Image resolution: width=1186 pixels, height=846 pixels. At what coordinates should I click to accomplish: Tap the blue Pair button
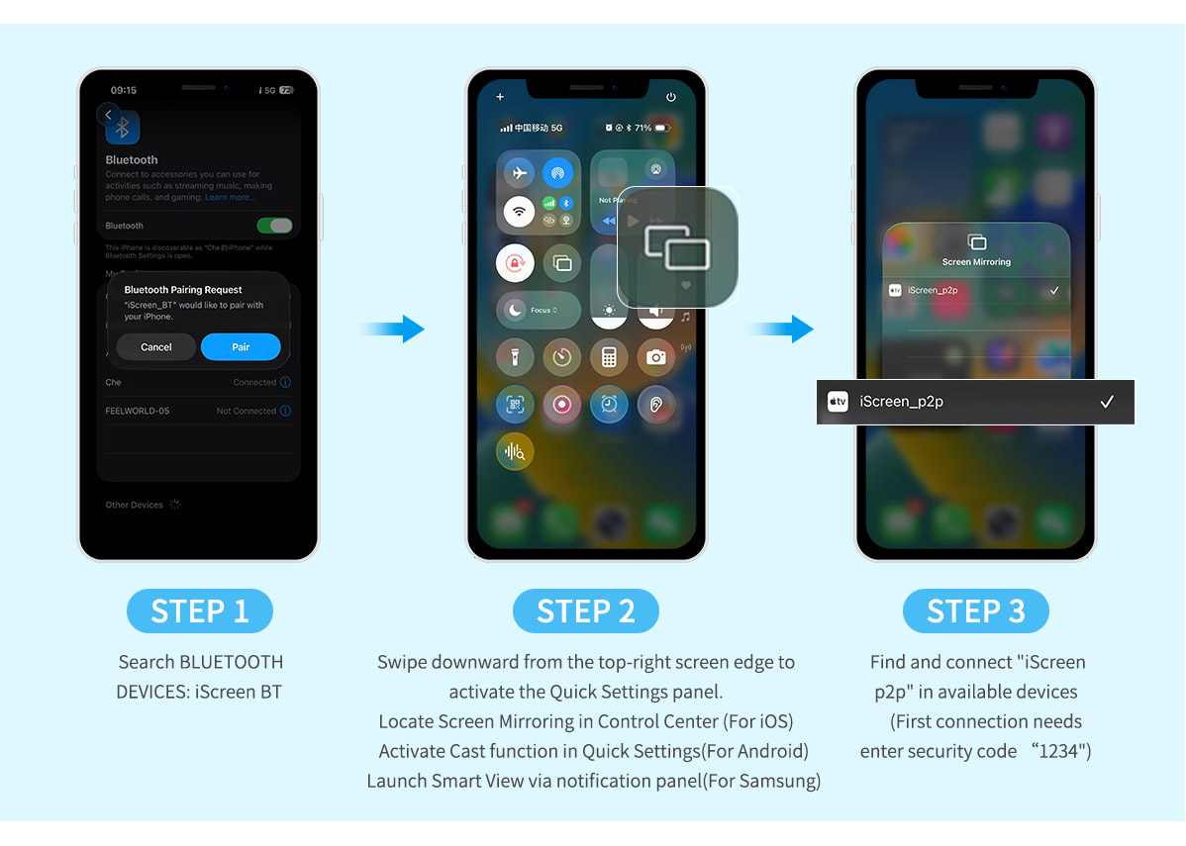(x=241, y=347)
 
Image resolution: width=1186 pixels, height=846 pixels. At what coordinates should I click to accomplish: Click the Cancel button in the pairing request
(x=155, y=347)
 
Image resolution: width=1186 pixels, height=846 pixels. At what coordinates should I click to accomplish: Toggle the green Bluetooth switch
(x=274, y=226)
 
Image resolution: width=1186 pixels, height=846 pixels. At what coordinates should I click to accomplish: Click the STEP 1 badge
(x=200, y=611)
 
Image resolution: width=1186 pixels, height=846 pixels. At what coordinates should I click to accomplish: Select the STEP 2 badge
(x=586, y=611)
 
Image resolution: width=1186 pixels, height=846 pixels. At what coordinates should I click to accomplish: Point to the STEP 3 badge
(x=975, y=611)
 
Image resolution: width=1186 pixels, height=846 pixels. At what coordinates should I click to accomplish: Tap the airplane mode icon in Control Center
(x=518, y=173)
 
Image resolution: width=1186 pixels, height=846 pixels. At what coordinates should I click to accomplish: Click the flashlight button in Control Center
(x=515, y=357)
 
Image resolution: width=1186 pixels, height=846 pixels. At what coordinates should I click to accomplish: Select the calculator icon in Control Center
(x=609, y=357)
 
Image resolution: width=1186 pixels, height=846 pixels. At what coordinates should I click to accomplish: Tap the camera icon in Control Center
(x=655, y=357)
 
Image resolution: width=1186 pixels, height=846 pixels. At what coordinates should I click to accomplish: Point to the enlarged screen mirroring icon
(x=677, y=246)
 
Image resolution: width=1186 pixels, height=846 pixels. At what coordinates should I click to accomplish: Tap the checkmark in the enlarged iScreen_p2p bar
(x=1107, y=402)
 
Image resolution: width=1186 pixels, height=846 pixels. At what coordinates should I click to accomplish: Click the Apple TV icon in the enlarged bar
(x=839, y=402)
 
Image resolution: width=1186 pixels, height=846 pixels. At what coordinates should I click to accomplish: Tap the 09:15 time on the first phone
(x=124, y=90)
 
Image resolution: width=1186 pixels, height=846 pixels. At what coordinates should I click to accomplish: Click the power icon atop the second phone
(x=671, y=97)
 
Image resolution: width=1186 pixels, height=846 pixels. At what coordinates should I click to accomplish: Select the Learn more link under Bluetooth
(x=229, y=197)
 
